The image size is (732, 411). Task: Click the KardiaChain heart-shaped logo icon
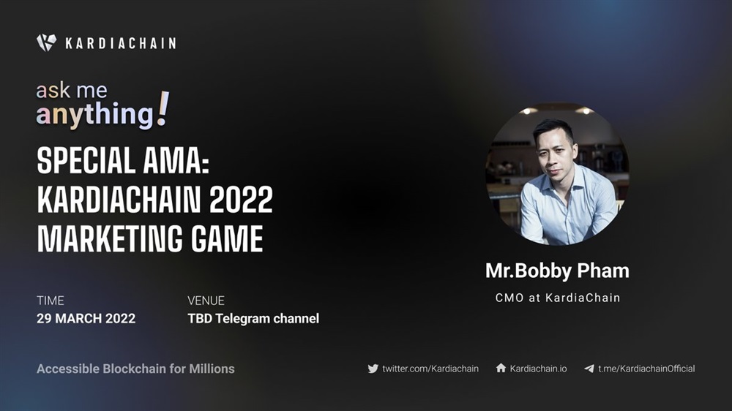tap(46, 42)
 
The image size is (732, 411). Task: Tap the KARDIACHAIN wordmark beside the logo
tap(121, 43)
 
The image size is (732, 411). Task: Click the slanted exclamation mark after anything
tap(163, 109)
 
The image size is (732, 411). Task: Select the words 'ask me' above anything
tap(72, 90)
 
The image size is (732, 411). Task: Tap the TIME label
tap(51, 301)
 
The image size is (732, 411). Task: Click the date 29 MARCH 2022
tap(86, 319)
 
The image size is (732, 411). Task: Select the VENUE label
tap(206, 301)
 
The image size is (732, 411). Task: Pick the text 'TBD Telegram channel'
tap(253, 319)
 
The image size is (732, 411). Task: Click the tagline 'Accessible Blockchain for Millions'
tap(136, 369)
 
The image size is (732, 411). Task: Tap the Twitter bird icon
tap(373, 369)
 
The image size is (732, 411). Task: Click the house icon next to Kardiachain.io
tap(501, 368)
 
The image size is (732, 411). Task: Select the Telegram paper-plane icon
tap(589, 369)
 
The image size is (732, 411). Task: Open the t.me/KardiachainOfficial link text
tap(646, 369)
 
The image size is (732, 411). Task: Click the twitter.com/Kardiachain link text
tap(430, 369)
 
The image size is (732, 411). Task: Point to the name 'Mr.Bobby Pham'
tap(557, 271)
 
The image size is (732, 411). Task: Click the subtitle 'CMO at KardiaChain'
tap(558, 298)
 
